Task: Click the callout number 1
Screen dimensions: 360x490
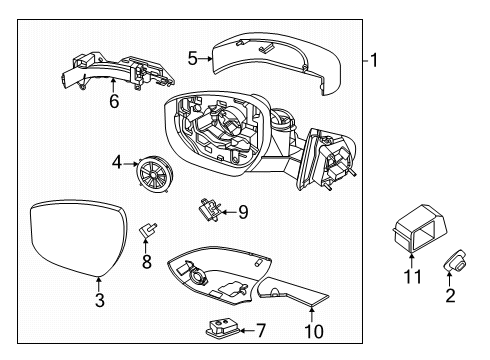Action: coord(374,59)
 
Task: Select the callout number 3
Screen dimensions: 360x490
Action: coord(98,300)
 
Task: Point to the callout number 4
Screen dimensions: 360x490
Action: coord(117,160)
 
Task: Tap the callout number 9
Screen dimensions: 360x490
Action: coord(242,211)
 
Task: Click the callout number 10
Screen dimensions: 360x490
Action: coord(314,331)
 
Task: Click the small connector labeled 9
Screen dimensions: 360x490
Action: coord(209,210)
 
